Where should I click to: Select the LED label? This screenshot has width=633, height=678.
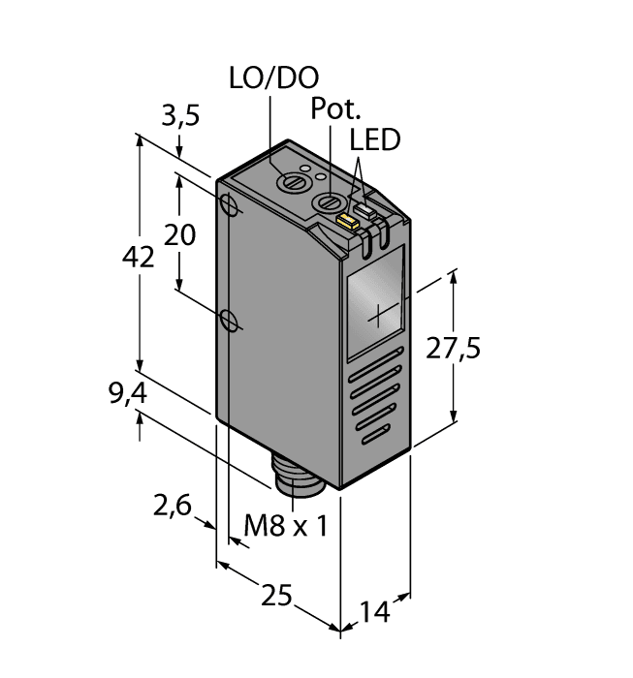coord(375,140)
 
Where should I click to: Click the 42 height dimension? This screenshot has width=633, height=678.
coord(141,258)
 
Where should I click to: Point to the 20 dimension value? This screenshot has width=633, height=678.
coord(179,234)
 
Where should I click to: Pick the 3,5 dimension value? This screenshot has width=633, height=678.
coord(179,116)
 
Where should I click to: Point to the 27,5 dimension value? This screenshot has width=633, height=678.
coord(454,349)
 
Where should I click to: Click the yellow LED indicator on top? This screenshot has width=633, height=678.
coord(346,221)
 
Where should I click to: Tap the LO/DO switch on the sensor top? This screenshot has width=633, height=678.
coord(288,181)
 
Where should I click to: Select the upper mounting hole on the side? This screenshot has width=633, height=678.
coord(229,206)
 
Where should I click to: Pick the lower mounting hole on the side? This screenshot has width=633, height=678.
coord(229,319)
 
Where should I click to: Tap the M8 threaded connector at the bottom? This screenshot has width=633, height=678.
coord(293,475)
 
